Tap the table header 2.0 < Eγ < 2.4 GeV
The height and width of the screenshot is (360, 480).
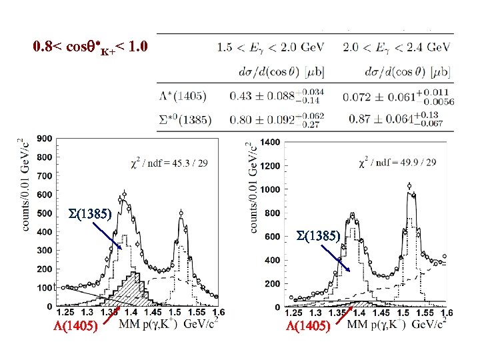[x=396, y=47]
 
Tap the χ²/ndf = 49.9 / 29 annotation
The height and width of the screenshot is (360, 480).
[x=398, y=162]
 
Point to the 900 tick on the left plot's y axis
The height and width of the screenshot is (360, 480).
[x=45, y=139]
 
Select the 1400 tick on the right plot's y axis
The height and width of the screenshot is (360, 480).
[x=271, y=142]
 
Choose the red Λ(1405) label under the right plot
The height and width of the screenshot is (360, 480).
[x=308, y=327]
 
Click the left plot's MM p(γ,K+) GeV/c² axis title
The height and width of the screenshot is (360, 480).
[x=170, y=325]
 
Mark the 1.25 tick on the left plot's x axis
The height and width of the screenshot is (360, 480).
[x=65, y=312]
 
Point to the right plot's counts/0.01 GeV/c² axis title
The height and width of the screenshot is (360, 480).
[x=254, y=187]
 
